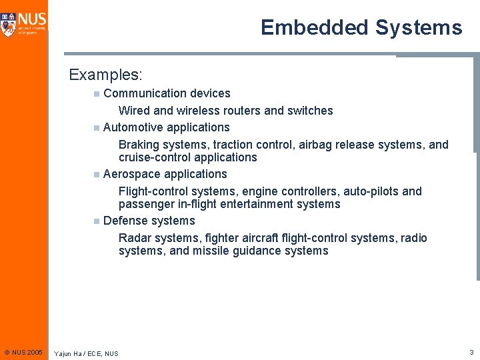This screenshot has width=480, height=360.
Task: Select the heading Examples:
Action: [106, 74]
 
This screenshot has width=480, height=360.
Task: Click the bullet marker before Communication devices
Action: [97, 94]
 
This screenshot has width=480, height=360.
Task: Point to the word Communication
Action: [145, 93]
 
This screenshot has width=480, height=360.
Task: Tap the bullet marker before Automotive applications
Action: [97, 128]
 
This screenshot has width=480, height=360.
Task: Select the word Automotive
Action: [133, 127]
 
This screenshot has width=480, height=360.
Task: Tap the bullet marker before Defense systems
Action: [97, 221]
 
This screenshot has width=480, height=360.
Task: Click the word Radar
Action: [134, 238]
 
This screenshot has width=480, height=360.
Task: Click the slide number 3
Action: [471, 352]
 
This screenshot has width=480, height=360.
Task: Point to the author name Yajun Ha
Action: [68, 353]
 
